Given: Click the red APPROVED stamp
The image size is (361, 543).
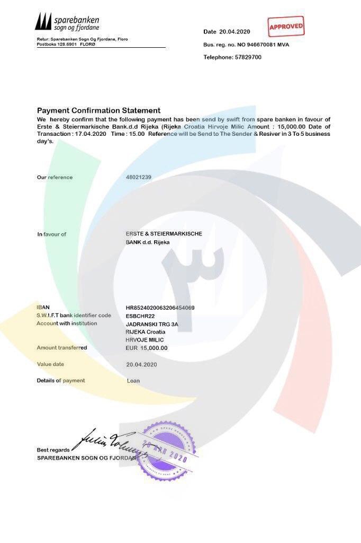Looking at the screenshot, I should click(286, 26).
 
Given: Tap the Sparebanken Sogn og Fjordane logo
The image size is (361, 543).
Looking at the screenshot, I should click(67, 22).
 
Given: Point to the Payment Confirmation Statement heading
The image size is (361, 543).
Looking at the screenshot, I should click(98, 110).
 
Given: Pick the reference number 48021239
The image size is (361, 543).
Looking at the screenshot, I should click(139, 177).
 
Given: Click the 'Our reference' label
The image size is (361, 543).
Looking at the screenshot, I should click(55, 177).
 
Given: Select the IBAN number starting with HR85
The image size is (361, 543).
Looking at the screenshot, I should click(160, 308).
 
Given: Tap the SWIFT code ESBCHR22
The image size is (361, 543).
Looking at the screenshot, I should click(141, 316).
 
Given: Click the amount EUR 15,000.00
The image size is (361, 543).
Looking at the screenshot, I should click(147, 348).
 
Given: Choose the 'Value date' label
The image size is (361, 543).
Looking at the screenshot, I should click(50, 364).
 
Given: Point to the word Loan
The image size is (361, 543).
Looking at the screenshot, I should click(133, 381).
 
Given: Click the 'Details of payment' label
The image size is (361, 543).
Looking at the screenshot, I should click(61, 381).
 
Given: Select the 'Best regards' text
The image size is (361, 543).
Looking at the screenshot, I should click(53, 450).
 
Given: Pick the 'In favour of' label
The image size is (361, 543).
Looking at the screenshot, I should click(51, 234).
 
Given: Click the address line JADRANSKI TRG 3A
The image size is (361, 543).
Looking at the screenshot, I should click(145, 323).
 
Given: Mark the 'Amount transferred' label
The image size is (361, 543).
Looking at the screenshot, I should click(62, 348).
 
